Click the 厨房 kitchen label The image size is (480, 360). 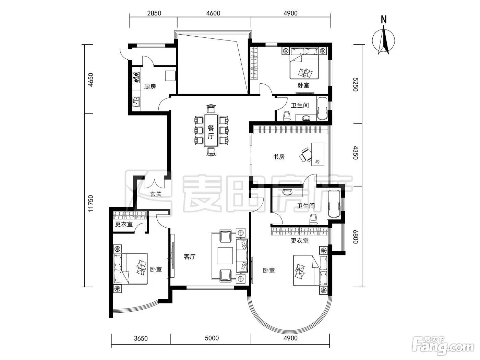point(150,87)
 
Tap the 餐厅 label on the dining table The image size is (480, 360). point(211,132)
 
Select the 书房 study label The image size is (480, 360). point(279,157)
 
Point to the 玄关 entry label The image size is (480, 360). point(156,194)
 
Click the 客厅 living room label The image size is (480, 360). point(189,256)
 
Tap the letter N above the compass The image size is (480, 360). point(384,20)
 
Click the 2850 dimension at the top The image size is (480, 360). point(154,13)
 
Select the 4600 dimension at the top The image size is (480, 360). point(213,13)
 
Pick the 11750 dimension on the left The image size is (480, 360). point(90,204)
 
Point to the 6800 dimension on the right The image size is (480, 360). point(356,237)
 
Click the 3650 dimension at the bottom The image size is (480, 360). point(141,338)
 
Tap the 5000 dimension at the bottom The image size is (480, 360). point(212,338)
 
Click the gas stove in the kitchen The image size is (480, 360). point(136,77)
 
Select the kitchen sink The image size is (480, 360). point(136,102)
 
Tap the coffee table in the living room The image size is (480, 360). point(225,255)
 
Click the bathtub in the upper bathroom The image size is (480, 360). point(322,109)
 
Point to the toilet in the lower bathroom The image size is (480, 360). point(313,219)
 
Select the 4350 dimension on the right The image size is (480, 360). point(356,153)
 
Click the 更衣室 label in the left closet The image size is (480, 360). point(124,224)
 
